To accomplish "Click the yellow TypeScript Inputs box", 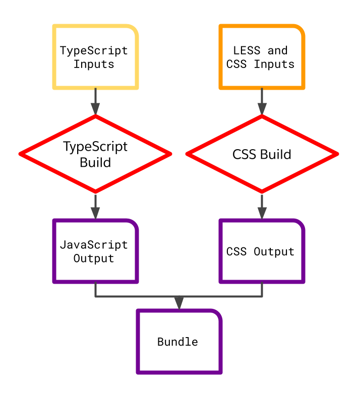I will click(95, 57).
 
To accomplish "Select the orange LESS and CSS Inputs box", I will click(262, 57).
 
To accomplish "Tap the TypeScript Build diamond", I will click(95, 154).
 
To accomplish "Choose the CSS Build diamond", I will click(262, 154).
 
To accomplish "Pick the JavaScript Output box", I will click(95, 251).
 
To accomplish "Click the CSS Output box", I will click(262, 251).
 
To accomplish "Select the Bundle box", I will click(179, 342).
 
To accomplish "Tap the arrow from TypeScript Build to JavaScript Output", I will click(95, 206).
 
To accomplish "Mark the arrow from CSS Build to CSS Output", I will click(262, 206).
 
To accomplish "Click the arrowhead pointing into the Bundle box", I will click(179, 303).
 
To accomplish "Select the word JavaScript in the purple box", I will click(94, 245).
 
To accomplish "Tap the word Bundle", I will click(177, 342).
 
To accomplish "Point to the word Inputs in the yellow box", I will click(94, 64).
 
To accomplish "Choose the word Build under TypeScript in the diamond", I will click(95, 162).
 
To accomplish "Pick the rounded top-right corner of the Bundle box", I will click(216, 315).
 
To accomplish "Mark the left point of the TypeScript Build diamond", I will click(21, 154).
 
